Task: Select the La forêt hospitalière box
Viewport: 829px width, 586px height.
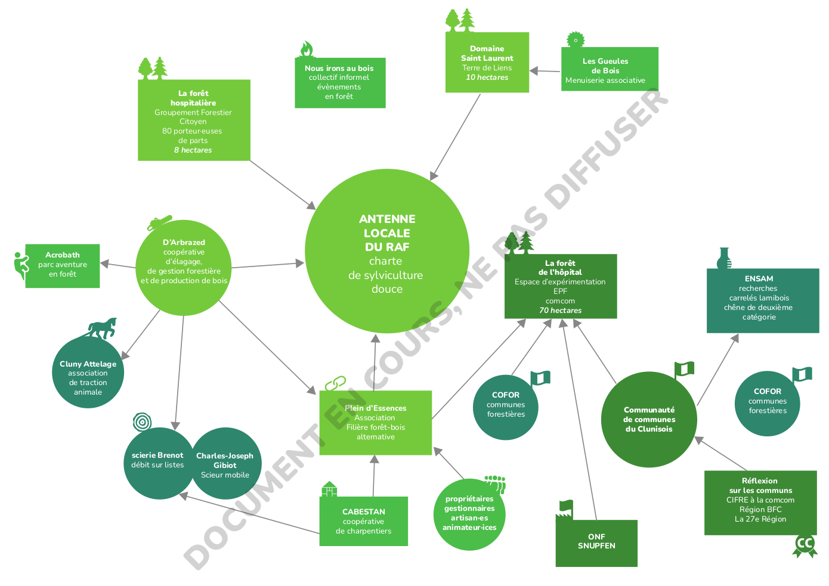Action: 194,120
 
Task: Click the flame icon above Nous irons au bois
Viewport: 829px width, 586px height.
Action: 307,49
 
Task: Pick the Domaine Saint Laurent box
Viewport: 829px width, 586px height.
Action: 487,63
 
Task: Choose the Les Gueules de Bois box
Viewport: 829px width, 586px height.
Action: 610,69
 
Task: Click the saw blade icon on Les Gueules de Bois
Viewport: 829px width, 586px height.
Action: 575,40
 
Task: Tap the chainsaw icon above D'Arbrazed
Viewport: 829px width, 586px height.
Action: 160,223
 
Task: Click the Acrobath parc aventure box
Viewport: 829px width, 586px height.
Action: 63,266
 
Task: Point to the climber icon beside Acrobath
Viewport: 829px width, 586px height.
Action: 21,265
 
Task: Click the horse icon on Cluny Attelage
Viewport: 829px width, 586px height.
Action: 102,328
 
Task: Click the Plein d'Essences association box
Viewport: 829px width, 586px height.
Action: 375,423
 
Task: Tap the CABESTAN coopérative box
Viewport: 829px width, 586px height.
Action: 363,521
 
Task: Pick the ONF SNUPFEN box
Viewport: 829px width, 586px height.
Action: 596,543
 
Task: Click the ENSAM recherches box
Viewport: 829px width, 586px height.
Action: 762,300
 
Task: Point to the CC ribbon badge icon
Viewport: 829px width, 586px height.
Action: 805,545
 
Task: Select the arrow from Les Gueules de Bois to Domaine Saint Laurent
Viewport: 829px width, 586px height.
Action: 545,71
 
